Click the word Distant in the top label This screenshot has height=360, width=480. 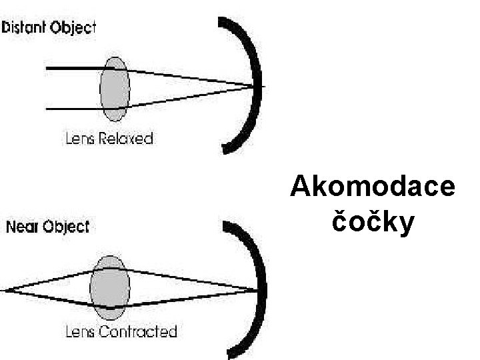[x=25, y=28]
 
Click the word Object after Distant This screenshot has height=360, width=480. [x=73, y=28]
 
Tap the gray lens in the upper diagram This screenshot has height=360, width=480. [x=114, y=89]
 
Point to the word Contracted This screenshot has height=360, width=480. [x=137, y=331]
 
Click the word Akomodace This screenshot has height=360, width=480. [x=372, y=188]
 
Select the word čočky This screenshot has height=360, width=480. [x=372, y=222]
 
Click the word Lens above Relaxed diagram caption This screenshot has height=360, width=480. [x=80, y=139]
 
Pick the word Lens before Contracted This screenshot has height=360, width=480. [x=80, y=331]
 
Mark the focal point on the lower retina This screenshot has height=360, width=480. [x=257, y=289]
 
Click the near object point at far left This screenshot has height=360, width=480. [x=7, y=290]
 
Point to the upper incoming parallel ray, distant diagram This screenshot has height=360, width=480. [x=73, y=69]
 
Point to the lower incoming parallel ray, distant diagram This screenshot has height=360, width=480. [x=73, y=108]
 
